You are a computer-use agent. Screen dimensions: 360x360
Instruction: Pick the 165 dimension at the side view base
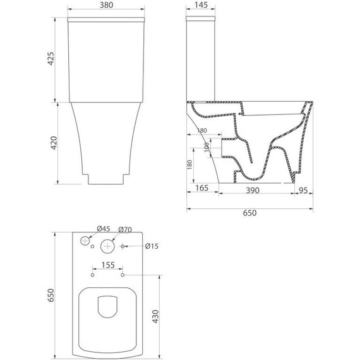pyautogui.click(x=202, y=189)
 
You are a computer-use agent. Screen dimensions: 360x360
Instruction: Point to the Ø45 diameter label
pyautogui.click(x=103, y=229)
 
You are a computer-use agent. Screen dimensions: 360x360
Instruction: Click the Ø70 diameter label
pyautogui.click(x=124, y=229)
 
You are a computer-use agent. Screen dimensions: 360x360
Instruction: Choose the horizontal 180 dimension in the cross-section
pyautogui.click(x=201, y=131)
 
